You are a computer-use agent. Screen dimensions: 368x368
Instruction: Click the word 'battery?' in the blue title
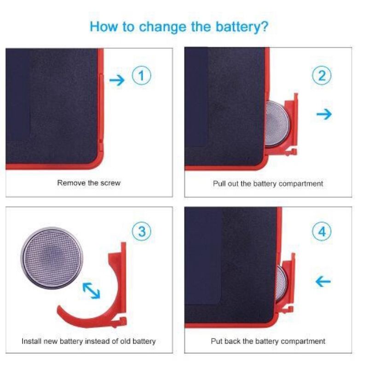[242, 27]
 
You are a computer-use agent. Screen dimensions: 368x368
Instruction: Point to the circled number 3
[142, 231]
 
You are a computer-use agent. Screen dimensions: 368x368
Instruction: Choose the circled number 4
[322, 231]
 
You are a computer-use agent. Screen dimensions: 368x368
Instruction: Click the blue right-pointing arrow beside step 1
[117, 80]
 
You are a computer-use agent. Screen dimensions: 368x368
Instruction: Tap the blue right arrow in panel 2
[324, 114]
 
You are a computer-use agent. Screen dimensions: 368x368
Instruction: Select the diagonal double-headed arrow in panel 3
[91, 291]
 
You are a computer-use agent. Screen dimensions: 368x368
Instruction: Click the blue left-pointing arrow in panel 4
[323, 281]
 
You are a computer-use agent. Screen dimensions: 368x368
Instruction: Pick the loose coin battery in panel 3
[52, 258]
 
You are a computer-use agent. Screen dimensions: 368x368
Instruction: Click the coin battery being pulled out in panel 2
[277, 124]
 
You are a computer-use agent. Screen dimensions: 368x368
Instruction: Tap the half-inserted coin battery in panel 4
[281, 284]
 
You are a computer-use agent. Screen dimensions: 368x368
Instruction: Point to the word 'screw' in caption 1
[110, 183]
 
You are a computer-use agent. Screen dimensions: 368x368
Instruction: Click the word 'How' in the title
[103, 27]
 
